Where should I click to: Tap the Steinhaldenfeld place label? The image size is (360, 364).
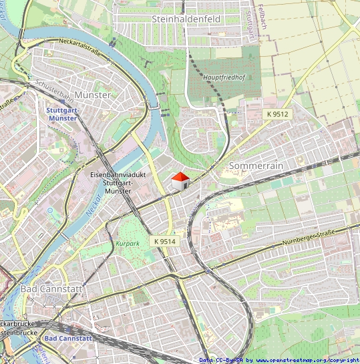click(186, 19)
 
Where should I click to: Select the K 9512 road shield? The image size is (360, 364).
click(277, 114)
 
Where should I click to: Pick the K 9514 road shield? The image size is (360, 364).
click(164, 240)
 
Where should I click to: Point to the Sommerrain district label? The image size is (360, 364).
click(256, 165)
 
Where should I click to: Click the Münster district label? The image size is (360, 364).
click(93, 96)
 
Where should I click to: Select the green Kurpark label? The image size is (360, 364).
click(128, 244)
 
